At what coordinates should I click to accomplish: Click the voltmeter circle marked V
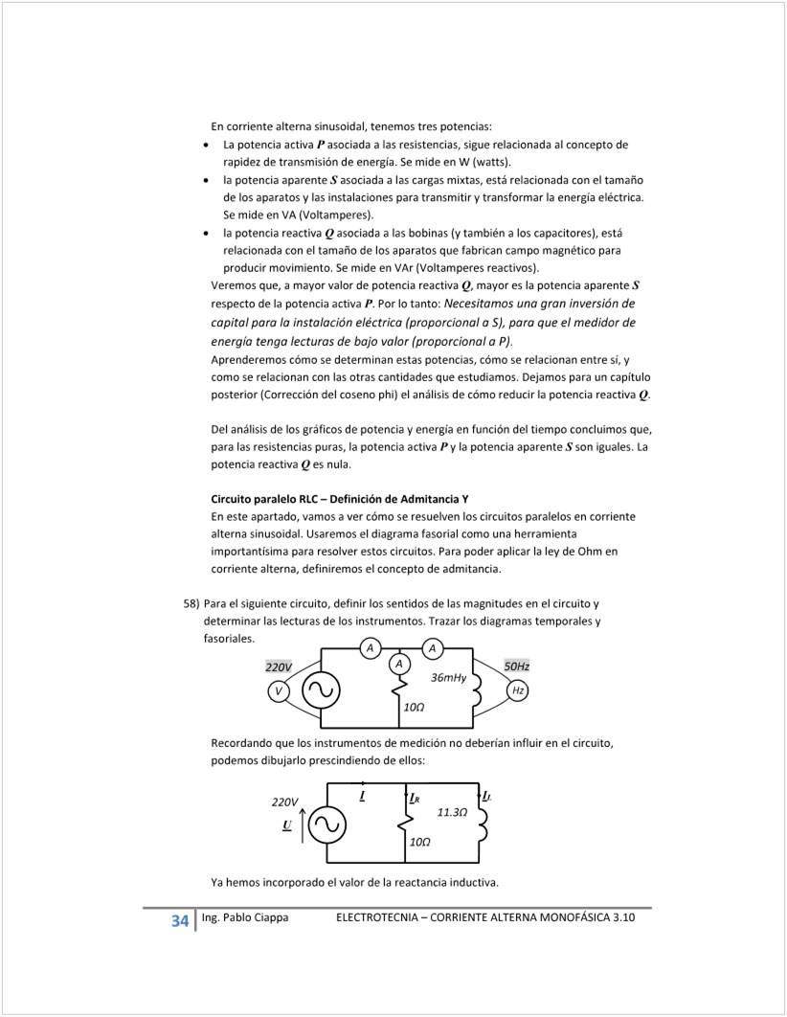tap(279, 690)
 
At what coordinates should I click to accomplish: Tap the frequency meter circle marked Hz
tap(518, 690)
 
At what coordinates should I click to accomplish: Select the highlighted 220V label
tap(279, 667)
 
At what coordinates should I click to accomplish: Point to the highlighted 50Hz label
tap(517, 666)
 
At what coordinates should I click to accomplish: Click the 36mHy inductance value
tap(448, 677)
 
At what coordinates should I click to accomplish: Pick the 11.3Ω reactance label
tap(452, 812)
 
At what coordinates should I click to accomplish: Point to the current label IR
tap(414, 797)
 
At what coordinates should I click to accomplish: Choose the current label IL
tap(487, 796)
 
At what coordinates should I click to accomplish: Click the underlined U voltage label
tap(286, 824)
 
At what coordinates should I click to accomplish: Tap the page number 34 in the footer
tap(179, 921)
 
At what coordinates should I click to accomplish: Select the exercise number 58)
tap(191, 604)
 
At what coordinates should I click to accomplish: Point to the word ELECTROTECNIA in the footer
tap(384, 917)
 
